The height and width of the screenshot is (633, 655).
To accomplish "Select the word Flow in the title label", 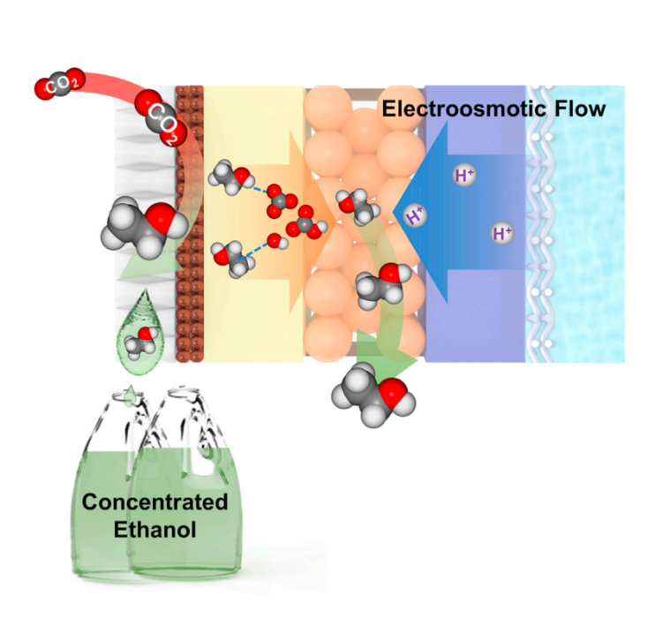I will [582, 109].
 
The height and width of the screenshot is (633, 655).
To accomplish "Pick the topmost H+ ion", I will [463, 175].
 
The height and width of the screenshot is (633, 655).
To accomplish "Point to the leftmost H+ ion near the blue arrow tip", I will [412, 215].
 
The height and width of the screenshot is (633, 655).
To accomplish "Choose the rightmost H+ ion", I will [502, 234].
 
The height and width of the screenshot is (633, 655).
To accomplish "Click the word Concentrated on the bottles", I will [154, 502].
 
